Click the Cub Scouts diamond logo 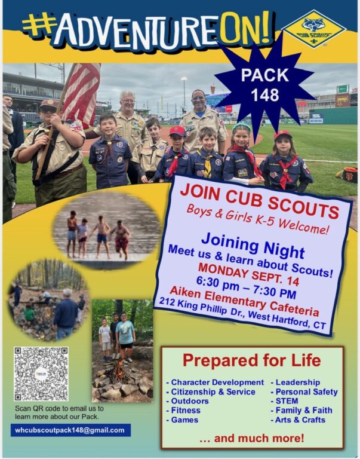click(314, 29)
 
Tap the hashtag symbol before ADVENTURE click(39, 25)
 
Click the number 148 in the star click(265, 95)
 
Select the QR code click(41, 374)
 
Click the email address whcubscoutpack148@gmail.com click(70, 430)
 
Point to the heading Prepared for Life click(252, 360)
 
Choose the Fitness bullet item click(183, 411)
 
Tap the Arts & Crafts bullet click(298, 420)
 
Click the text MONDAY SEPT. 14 click(249, 274)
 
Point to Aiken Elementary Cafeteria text click(245, 301)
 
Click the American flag click(82, 93)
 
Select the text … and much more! click(252, 438)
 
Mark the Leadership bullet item click(296, 382)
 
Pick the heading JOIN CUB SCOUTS click(260, 201)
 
